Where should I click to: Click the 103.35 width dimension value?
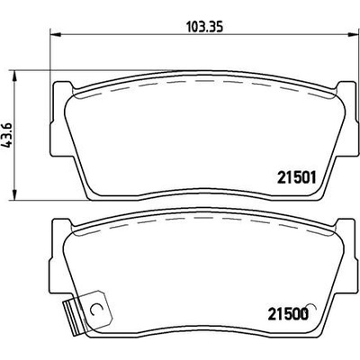point(205,27)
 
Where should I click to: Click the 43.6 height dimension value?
point(8,135)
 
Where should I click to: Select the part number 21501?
point(297,178)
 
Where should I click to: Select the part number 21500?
point(288,314)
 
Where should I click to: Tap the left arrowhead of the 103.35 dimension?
point(56,34)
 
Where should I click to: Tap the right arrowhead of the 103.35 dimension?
point(354,34)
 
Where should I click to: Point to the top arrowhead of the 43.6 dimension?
point(13,76)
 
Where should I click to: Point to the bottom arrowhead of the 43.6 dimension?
point(13,194)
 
